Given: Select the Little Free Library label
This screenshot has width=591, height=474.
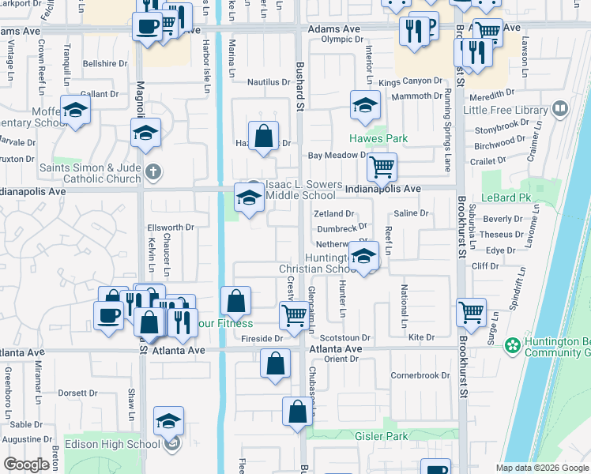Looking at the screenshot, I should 506,111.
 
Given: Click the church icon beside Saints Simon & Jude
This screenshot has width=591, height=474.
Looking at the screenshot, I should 153,171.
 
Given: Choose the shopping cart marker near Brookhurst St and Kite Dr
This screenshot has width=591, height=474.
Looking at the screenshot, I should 471,311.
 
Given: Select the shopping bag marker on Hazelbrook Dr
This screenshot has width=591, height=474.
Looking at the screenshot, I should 264,136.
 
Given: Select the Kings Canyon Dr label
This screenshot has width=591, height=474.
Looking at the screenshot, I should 410,81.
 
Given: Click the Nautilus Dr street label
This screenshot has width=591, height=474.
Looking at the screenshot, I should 269,82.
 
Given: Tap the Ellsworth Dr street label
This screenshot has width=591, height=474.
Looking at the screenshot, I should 171,228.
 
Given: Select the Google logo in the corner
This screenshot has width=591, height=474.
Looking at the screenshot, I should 27,464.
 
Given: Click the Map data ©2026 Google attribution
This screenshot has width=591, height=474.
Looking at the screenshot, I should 541,467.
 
